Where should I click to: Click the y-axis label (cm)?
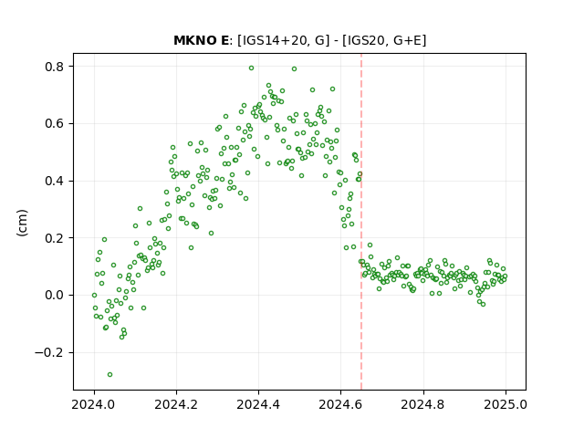click(x=22, y=223)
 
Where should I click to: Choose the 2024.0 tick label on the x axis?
click(x=94, y=404)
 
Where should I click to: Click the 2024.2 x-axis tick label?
click(x=176, y=404)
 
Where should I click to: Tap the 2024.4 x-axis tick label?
click(x=258, y=404)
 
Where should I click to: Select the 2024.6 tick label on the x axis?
click(x=340, y=404)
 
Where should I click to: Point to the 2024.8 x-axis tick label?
click(x=423, y=404)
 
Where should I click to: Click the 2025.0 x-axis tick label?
click(x=506, y=404)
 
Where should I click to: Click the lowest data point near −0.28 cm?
click(x=109, y=374)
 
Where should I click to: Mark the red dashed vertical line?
click(x=361, y=222)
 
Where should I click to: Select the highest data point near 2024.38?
click(x=252, y=68)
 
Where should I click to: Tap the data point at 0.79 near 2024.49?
click(x=294, y=69)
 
